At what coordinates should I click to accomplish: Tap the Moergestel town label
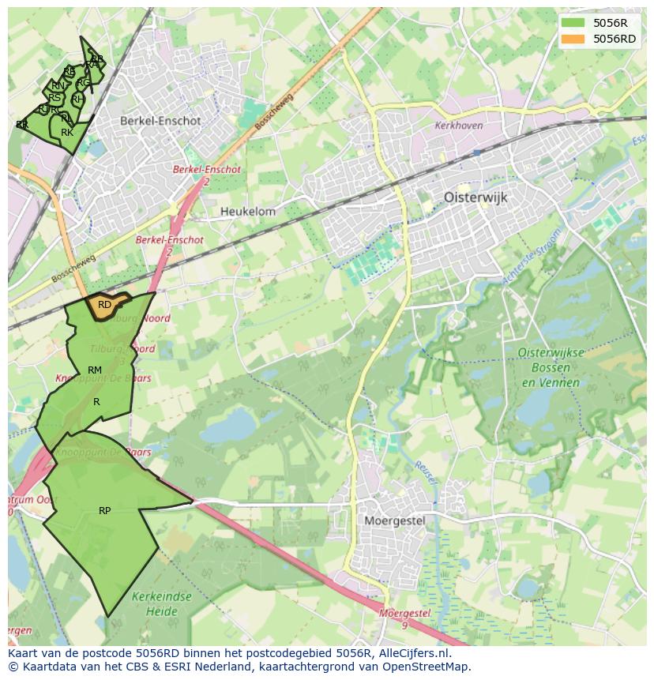(x=395, y=520)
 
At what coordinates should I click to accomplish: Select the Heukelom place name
(x=248, y=212)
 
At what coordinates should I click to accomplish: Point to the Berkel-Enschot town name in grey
(x=160, y=122)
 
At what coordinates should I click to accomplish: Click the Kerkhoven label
(x=459, y=126)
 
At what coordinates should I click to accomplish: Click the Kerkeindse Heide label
(x=162, y=603)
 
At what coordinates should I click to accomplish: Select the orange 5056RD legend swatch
(x=573, y=39)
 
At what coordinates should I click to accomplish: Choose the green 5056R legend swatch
(x=573, y=23)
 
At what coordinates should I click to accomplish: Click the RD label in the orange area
(x=104, y=305)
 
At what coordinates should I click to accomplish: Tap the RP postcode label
(x=104, y=511)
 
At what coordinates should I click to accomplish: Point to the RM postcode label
(x=95, y=370)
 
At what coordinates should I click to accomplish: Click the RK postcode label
(x=67, y=133)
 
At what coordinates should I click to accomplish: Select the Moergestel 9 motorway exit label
(x=404, y=618)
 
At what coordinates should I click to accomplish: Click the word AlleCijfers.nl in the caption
(x=413, y=653)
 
